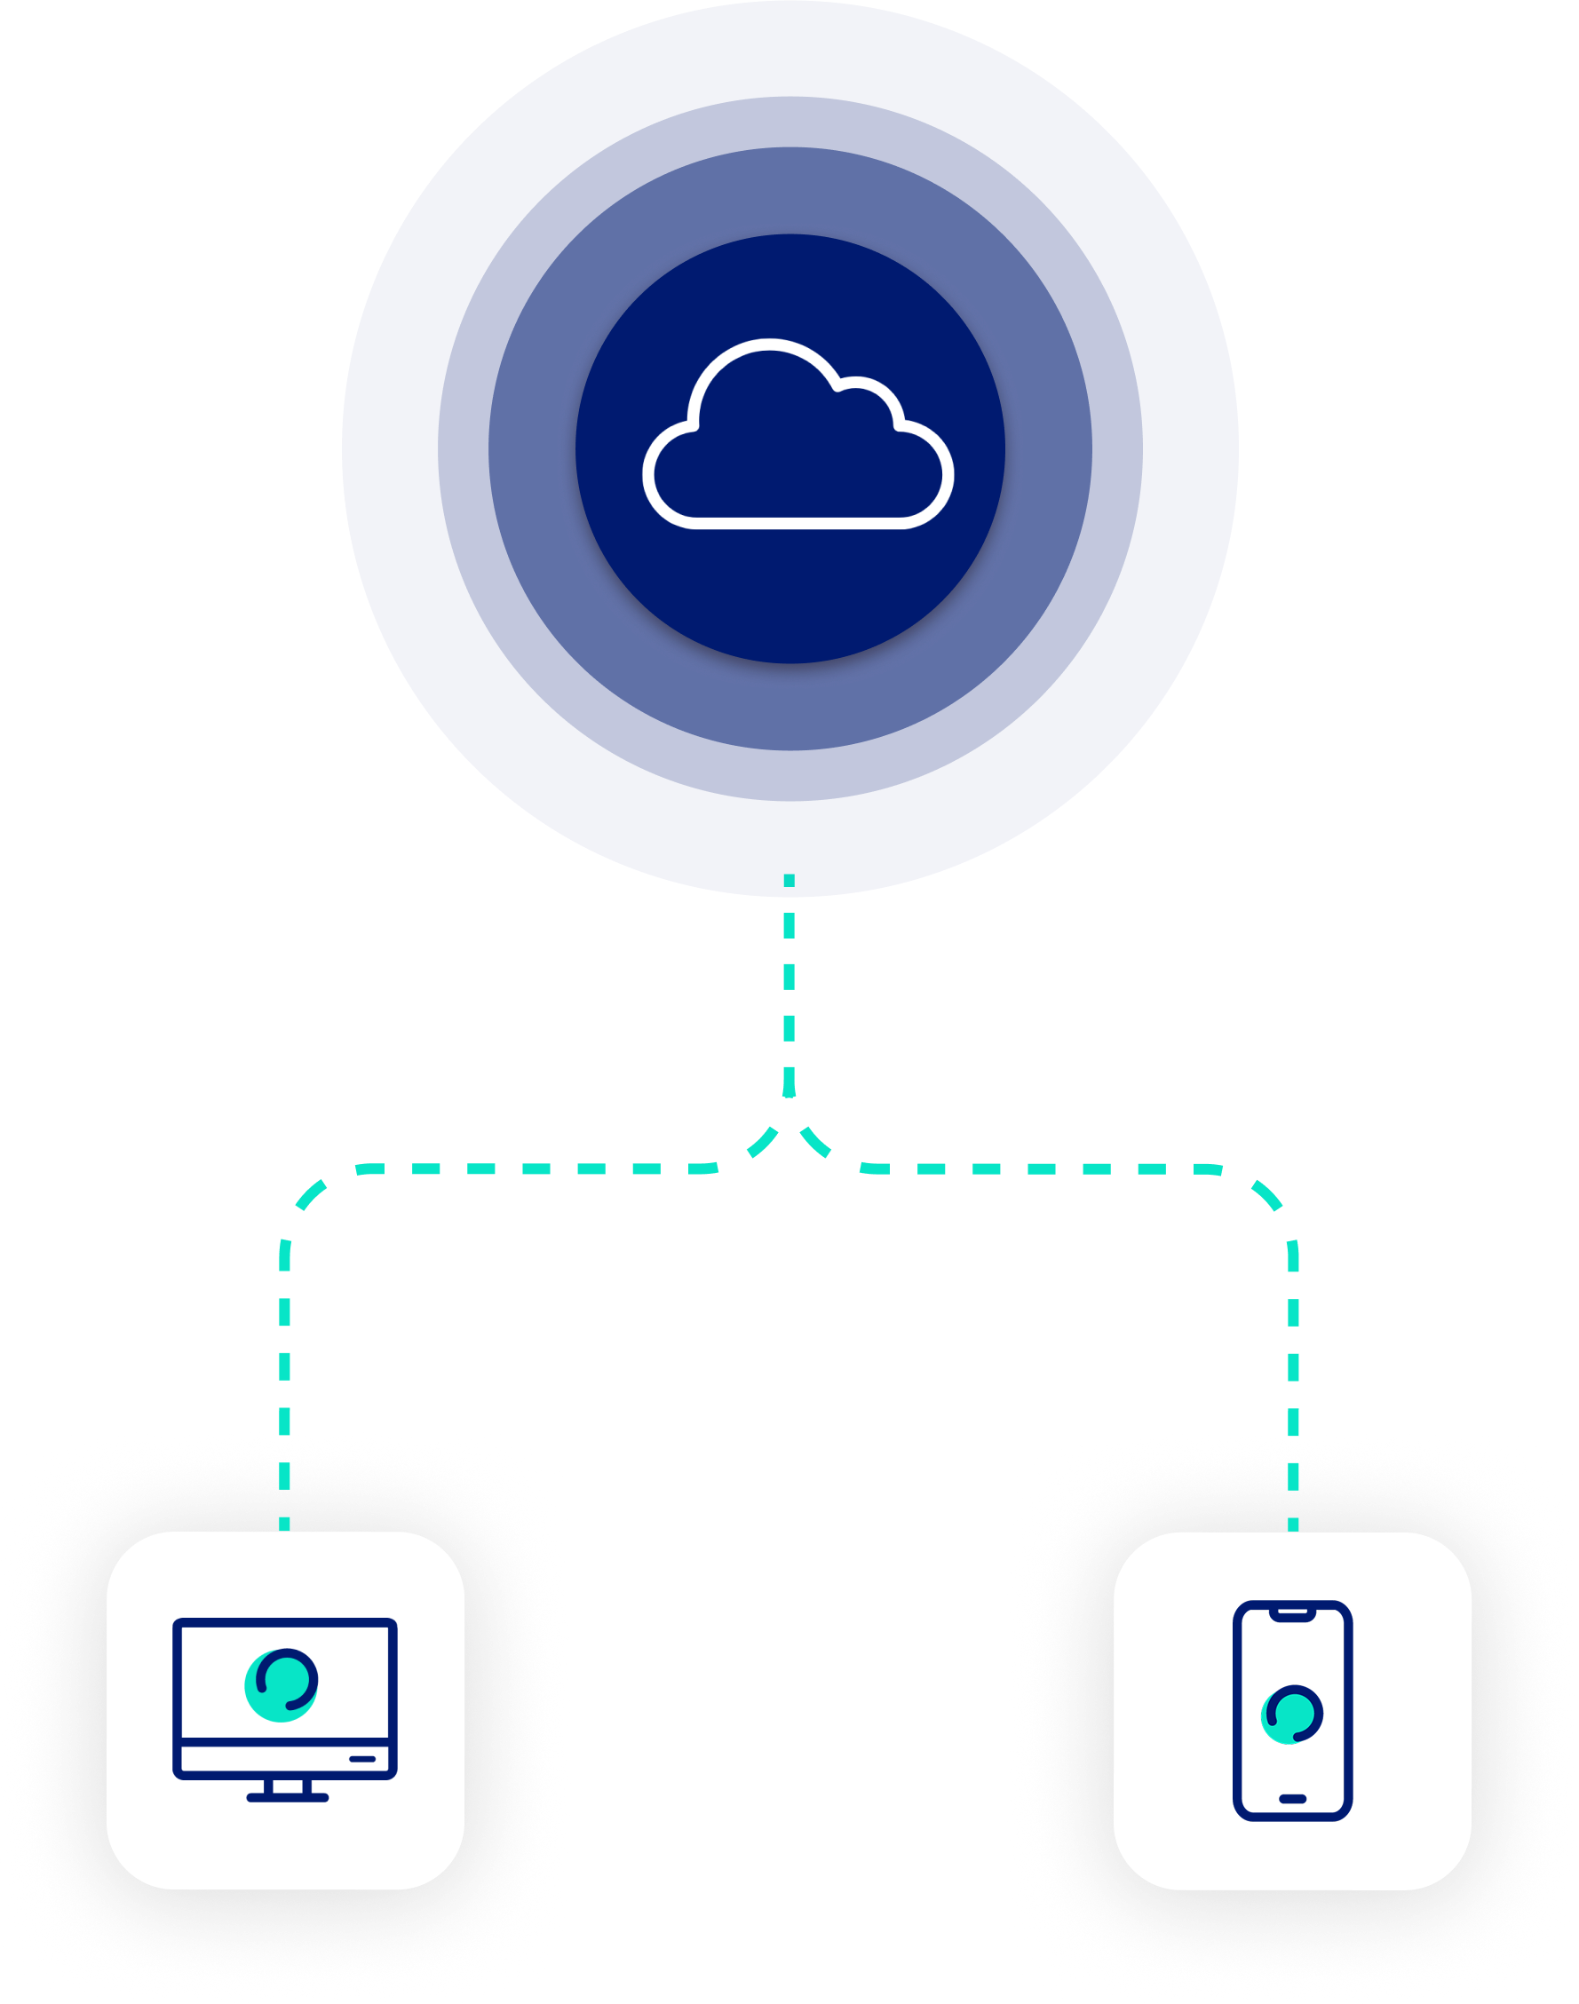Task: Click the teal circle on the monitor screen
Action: pos(281,1684)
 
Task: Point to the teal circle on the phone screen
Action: pos(1290,1715)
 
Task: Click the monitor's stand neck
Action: pos(288,1787)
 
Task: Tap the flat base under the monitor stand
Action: pos(288,1798)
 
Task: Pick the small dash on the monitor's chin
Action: pos(362,1758)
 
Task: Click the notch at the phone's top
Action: pos(1292,1612)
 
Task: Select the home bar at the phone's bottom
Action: pos(1292,1799)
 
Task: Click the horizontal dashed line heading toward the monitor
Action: pos(518,1169)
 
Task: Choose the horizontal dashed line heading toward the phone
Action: pos(1044,1169)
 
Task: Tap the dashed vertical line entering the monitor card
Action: pos(285,1442)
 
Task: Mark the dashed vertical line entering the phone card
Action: pos(1293,1442)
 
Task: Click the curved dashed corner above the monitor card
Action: pos(305,1197)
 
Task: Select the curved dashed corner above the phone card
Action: pos(1271,1197)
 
